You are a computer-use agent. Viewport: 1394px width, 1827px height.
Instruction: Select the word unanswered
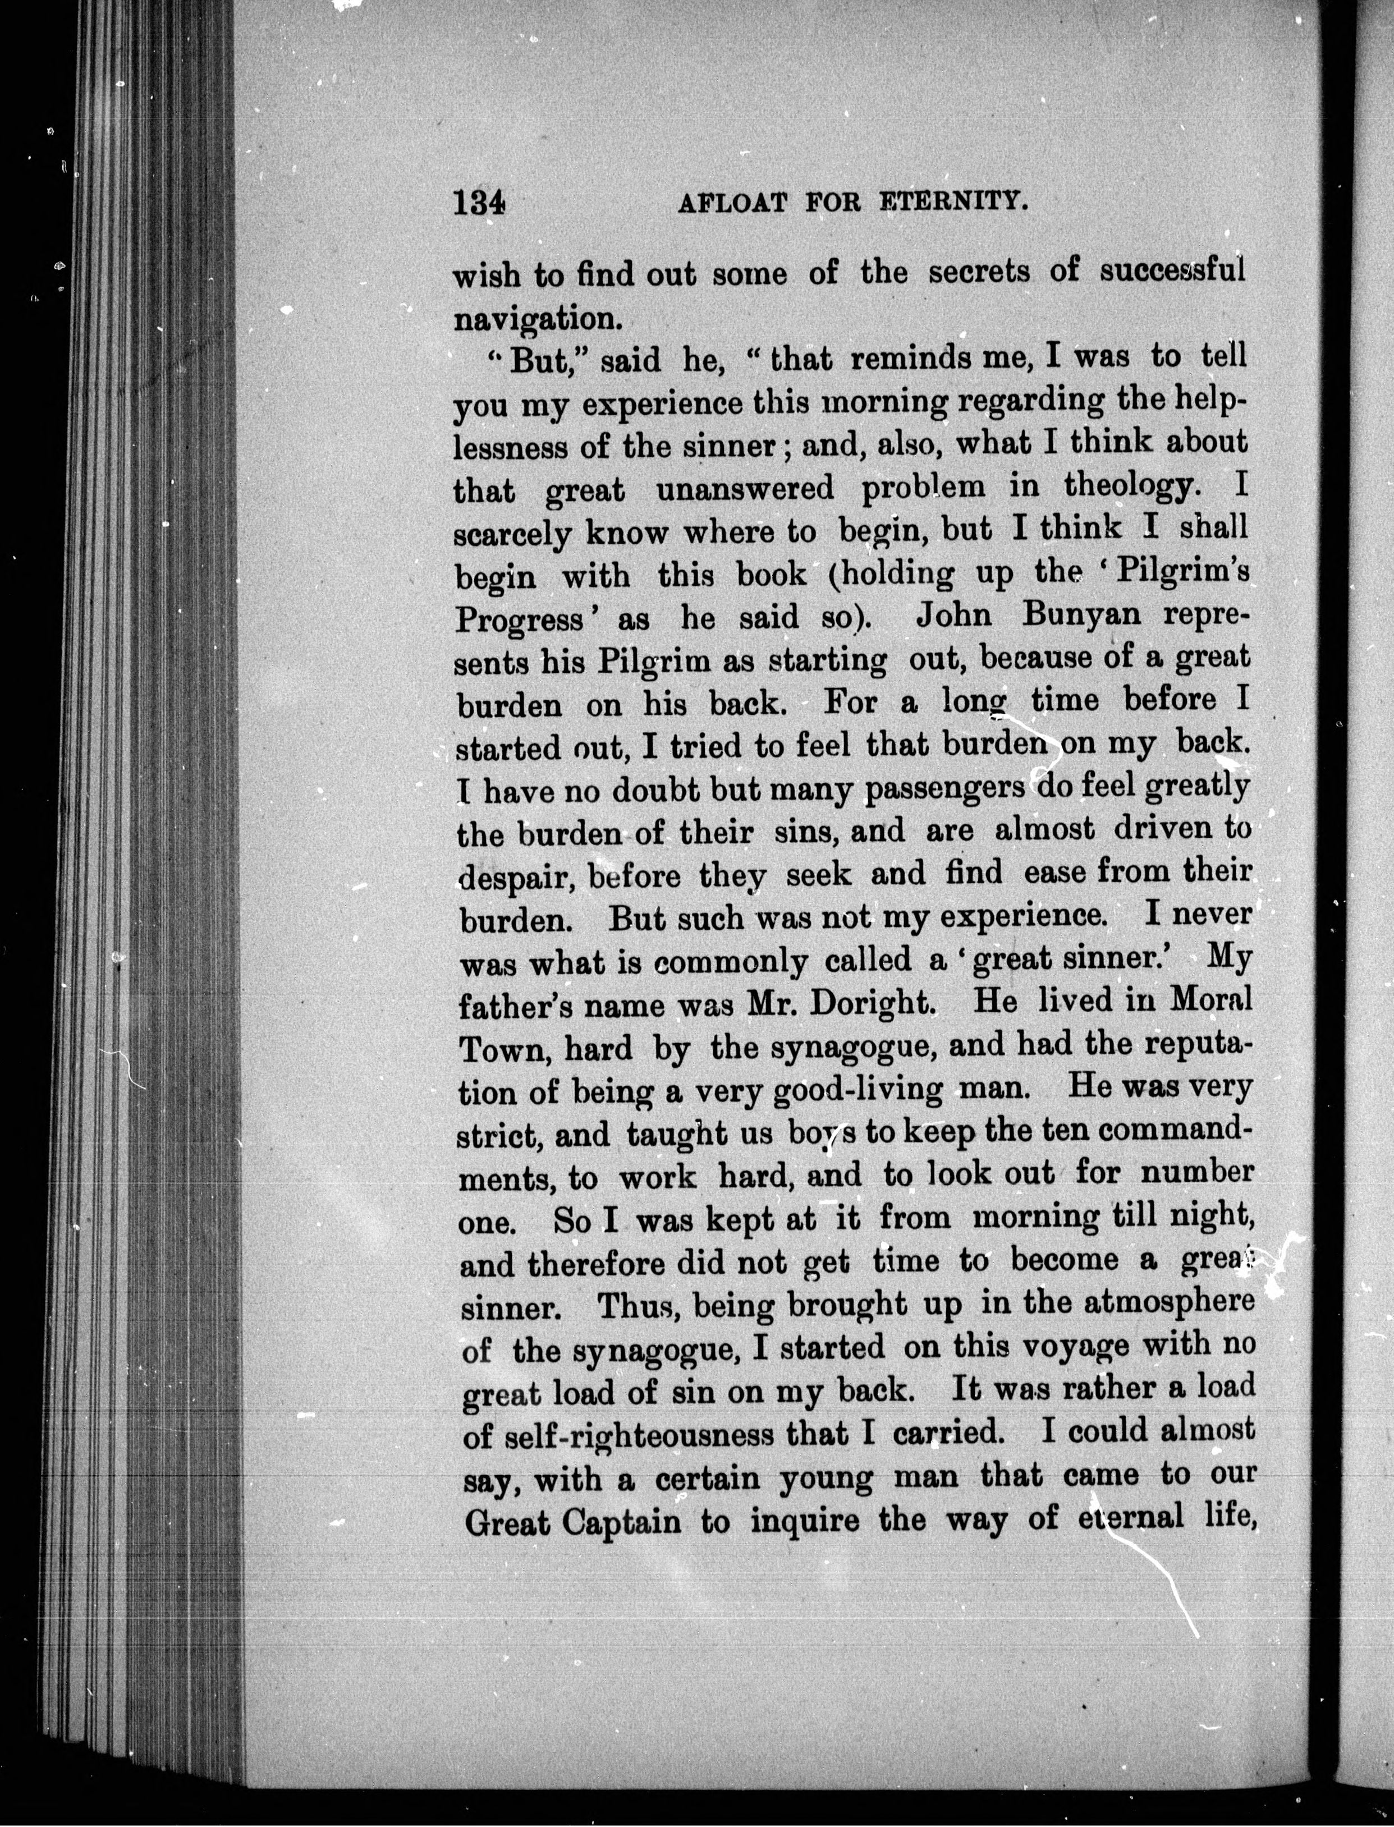point(744,489)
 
